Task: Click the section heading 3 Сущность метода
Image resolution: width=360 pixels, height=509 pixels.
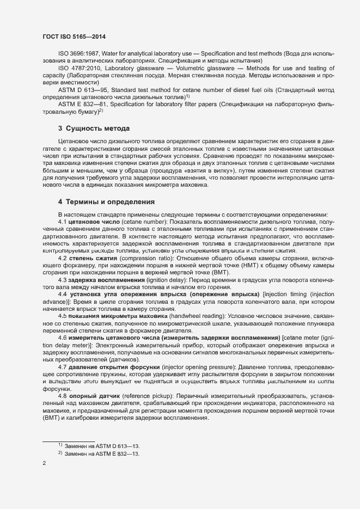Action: [x=94, y=129]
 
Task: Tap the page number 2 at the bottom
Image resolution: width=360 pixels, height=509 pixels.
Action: [x=44, y=464]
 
